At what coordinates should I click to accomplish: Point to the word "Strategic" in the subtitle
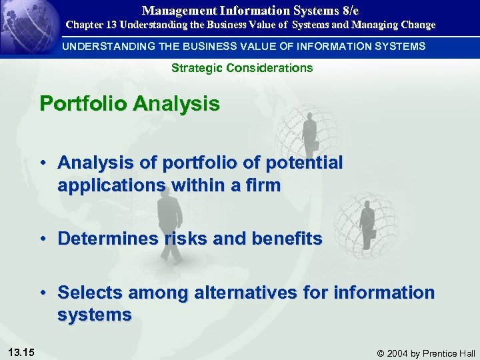click(x=194, y=68)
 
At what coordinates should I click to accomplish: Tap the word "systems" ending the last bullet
click(x=94, y=314)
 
